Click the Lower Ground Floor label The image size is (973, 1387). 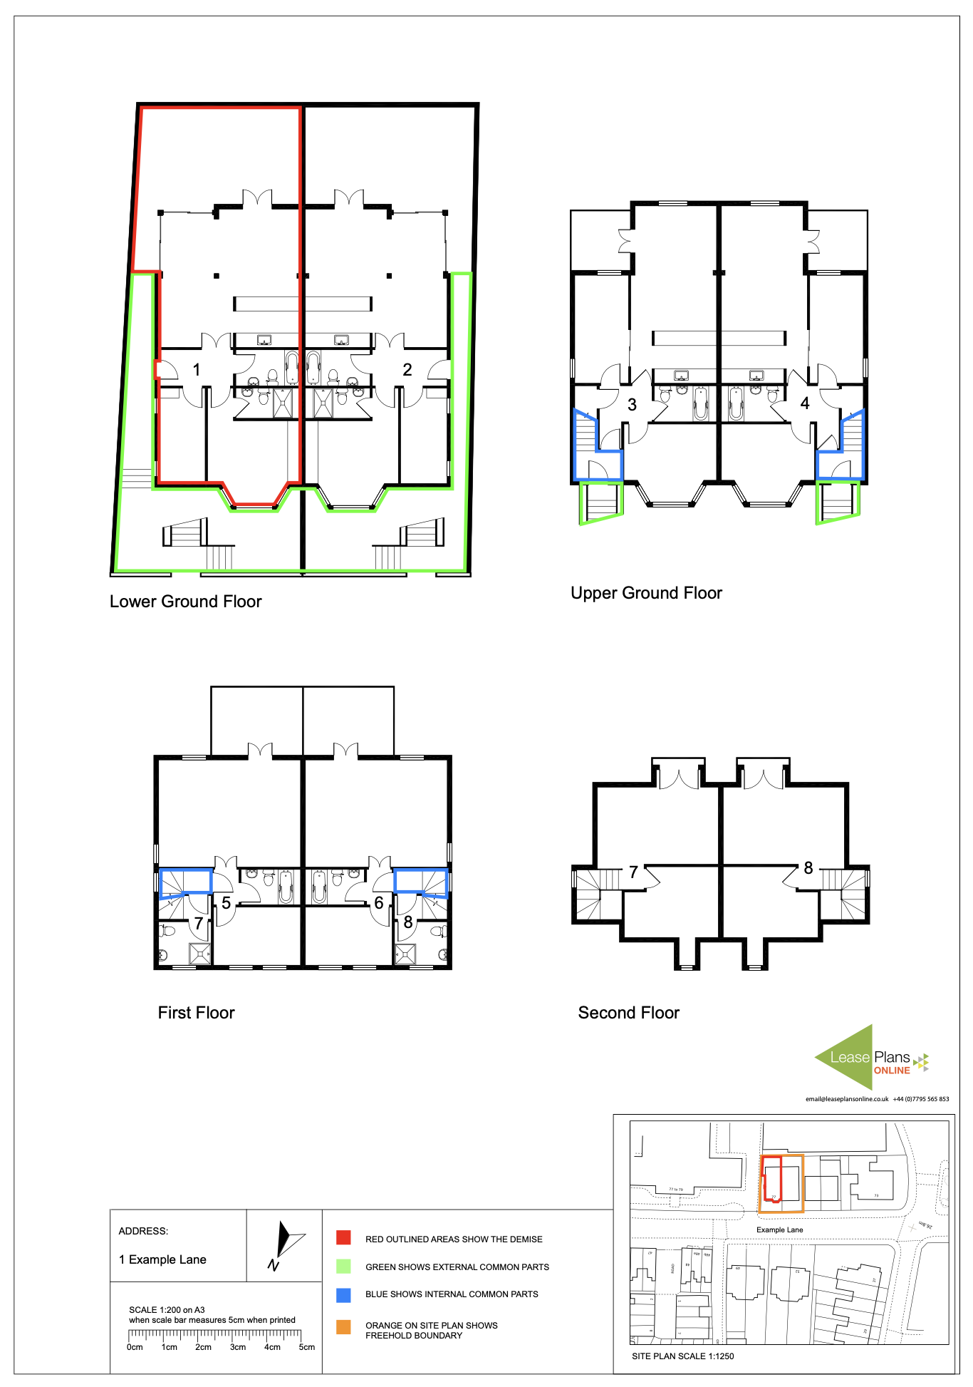click(x=185, y=602)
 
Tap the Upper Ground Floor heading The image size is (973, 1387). click(x=646, y=593)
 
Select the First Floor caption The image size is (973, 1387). click(x=196, y=1013)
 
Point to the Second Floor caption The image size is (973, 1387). click(x=628, y=1013)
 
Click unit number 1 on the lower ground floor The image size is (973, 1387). click(x=197, y=370)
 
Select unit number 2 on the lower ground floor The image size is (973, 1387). click(x=407, y=370)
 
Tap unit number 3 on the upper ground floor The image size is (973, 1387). click(x=632, y=405)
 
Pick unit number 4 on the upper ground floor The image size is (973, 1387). click(x=805, y=403)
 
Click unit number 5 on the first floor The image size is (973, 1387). click(x=226, y=903)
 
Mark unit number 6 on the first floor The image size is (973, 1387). click(x=379, y=903)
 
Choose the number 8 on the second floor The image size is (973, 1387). click(x=808, y=868)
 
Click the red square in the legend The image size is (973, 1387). click(x=343, y=1238)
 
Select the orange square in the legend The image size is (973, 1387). click(x=343, y=1327)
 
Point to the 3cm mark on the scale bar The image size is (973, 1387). click(x=238, y=1347)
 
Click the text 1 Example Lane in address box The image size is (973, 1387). click(x=163, y=1259)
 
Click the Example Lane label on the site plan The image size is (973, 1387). click(x=779, y=1229)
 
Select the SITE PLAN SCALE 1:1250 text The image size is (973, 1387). click(x=682, y=1356)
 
